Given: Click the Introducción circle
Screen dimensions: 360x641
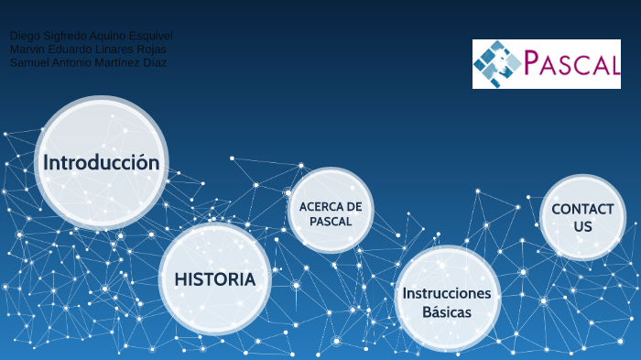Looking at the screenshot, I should tap(102, 163).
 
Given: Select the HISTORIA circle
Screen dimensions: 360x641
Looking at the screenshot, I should tap(215, 278).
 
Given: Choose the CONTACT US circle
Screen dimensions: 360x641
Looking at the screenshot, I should tap(582, 217).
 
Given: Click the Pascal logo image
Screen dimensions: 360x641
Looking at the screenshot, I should tap(546, 63).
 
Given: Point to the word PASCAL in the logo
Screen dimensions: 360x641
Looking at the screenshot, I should tap(572, 64).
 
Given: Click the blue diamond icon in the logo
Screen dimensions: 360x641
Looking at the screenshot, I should tap(497, 63).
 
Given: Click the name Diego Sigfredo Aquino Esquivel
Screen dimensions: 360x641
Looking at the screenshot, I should tap(91, 36).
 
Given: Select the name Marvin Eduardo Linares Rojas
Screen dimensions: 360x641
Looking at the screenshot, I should tap(88, 49).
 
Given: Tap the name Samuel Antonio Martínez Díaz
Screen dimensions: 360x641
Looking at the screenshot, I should tap(88, 61).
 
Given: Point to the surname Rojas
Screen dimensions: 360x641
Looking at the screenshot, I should tap(150, 49).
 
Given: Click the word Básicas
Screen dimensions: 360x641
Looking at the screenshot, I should tap(447, 312).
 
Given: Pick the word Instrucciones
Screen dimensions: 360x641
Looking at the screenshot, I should tap(447, 293).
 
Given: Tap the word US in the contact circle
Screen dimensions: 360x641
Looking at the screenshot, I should tap(583, 226).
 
